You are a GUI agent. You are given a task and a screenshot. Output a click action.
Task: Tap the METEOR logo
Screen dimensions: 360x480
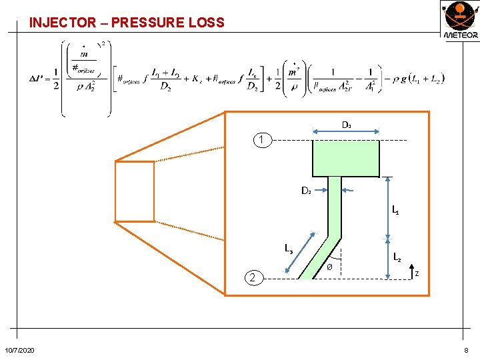(460, 21)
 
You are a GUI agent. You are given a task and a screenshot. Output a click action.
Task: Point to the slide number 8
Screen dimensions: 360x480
(467, 351)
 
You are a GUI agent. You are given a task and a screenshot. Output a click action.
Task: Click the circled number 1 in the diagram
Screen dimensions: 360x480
(262, 141)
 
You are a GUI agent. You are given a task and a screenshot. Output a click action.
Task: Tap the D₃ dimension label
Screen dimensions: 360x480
(347, 125)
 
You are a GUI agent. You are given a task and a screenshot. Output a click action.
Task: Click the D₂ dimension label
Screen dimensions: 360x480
(306, 191)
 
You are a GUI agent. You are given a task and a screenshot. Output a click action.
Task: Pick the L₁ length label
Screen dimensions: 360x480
(395, 211)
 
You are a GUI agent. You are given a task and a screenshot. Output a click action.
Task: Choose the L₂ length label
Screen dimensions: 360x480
(397, 256)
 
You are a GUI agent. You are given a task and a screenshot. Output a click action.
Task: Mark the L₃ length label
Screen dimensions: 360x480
(289, 249)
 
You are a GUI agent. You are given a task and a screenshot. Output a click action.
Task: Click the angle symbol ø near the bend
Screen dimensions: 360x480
(329, 267)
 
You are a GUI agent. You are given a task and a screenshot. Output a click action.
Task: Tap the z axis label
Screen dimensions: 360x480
(417, 273)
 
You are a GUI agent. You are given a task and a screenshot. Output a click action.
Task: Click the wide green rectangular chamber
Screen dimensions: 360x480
(345, 158)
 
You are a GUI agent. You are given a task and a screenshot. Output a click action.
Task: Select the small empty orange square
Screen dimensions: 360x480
(135, 191)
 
